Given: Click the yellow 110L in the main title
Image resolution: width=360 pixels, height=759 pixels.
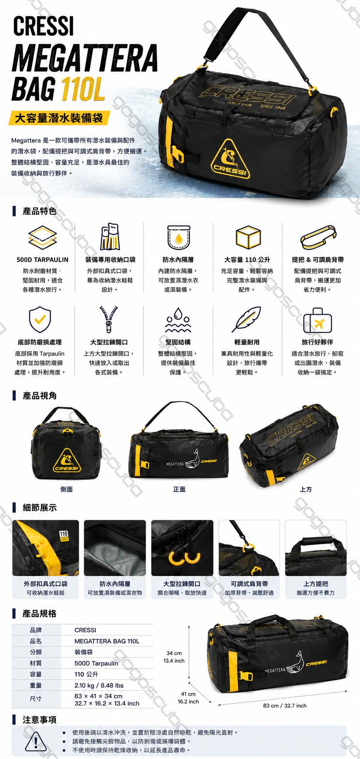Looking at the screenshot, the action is pyautogui.click(x=83, y=89).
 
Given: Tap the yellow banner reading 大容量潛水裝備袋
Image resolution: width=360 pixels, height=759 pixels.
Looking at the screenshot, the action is pyautogui.click(x=59, y=118).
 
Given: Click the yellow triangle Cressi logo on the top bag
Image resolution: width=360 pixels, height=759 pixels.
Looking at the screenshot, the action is pyautogui.click(x=230, y=159).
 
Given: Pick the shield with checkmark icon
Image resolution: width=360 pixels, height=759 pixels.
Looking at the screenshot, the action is pyautogui.click(x=40, y=320).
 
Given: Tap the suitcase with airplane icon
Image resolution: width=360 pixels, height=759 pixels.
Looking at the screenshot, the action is pyautogui.click(x=317, y=321).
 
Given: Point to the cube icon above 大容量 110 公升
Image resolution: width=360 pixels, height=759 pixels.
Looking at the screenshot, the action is pyautogui.click(x=248, y=237).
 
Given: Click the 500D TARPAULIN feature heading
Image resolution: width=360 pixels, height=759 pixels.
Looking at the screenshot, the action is pyautogui.click(x=42, y=260).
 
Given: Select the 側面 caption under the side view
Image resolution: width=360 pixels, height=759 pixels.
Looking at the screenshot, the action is pyautogui.click(x=67, y=489).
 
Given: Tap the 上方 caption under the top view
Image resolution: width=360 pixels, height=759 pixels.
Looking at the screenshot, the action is pyautogui.click(x=306, y=489).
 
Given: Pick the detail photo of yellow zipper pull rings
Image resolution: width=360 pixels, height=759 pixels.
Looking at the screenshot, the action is pyautogui.click(x=182, y=548).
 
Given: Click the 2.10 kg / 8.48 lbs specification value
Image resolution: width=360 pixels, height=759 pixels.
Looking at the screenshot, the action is pyautogui.click(x=99, y=685).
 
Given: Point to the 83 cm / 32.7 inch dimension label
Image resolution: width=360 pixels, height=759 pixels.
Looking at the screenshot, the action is pyautogui.click(x=285, y=706).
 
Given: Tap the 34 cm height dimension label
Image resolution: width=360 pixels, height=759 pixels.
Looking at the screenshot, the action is pyautogui.click(x=174, y=653).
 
